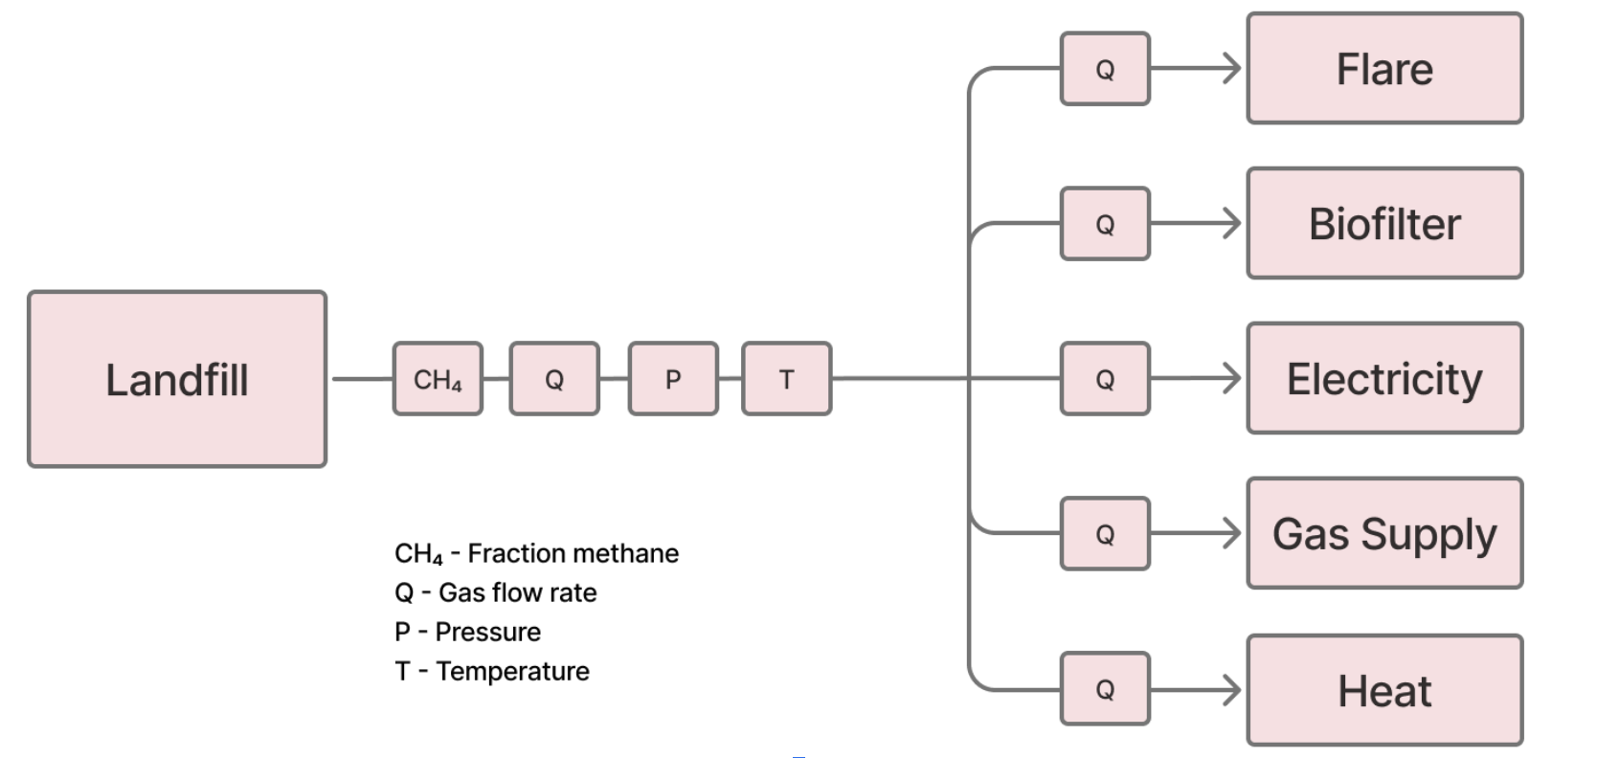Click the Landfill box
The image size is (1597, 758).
(x=177, y=379)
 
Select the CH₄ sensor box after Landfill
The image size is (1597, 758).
(x=438, y=379)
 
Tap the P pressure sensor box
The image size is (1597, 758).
(x=673, y=379)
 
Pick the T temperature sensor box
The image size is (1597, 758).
(x=786, y=379)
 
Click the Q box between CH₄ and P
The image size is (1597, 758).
(x=554, y=379)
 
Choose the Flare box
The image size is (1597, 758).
(x=1384, y=69)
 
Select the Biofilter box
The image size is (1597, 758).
(x=1384, y=224)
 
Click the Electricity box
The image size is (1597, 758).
(x=1384, y=379)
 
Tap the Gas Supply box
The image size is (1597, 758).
(x=1384, y=534)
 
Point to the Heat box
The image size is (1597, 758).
(x=1384, y=690)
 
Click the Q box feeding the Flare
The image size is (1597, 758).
(x=1105, y=69)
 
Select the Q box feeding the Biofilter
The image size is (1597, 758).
(x=1105, y=224)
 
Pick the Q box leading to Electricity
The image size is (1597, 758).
(x=1105, y=379)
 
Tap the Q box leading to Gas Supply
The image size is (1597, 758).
(x=1105, y=534)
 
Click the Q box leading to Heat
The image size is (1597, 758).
(x=1105, y=689)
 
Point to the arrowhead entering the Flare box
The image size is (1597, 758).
(x=1233, y=69)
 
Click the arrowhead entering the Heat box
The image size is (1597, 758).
(x=1233, y=689)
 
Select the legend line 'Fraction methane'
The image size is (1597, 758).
(x=536, y=553)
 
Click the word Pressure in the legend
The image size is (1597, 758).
(x=487, y=632)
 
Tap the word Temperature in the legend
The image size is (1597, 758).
(x=512, y=671)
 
